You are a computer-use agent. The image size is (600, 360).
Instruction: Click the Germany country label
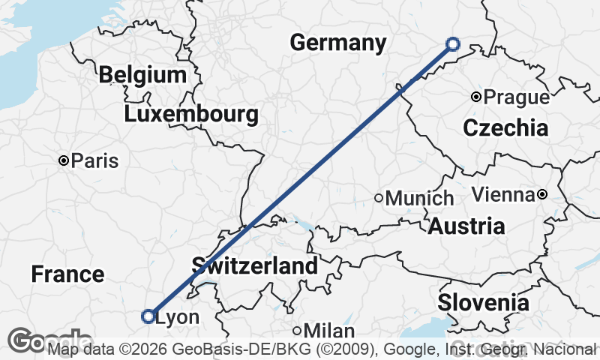337,43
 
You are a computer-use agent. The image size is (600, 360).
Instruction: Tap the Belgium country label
142,75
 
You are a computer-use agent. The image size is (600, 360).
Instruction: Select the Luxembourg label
191,115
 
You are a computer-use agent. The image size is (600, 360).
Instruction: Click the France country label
67,274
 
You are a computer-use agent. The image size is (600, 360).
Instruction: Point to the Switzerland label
255,265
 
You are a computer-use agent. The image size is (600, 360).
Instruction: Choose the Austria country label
466,226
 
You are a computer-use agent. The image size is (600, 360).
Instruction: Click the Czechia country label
505,127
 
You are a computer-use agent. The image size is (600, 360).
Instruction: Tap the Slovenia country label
483,303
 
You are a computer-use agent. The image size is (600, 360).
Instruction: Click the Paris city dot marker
64,160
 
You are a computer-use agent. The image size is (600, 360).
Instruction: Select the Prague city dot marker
475,97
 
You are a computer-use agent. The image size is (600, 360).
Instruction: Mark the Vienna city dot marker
542,195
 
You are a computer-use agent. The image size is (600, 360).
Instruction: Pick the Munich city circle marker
379,198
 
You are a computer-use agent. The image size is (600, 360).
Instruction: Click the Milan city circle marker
298,331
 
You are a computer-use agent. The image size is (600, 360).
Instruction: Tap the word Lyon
177,317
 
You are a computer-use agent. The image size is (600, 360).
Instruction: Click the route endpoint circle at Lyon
148,316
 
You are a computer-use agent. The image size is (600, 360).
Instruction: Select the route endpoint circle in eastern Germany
452,44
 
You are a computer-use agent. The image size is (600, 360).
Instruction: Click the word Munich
420,199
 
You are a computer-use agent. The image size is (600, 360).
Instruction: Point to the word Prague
516,97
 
